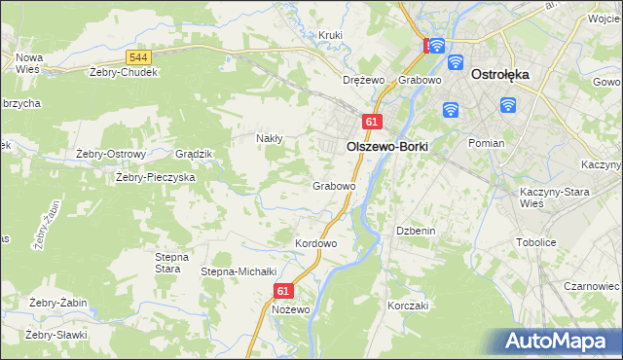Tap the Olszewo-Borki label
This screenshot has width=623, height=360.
(387, 145)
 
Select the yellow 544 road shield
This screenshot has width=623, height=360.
(138, 59)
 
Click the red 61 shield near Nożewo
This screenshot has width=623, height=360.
(283, 290)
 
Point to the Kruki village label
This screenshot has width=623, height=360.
(332, 35)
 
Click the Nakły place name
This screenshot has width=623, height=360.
(269, 138)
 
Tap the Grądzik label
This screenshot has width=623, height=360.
(193, 154)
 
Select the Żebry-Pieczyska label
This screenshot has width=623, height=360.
(156, 177)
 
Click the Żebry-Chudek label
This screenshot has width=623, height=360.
(123, 71)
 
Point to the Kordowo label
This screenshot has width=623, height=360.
(315, 242)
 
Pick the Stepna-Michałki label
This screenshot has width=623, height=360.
(239, 271)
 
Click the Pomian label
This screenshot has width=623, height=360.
(486, 142)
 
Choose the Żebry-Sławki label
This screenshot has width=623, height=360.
(56, 335)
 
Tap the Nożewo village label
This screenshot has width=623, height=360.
(291, 309)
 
